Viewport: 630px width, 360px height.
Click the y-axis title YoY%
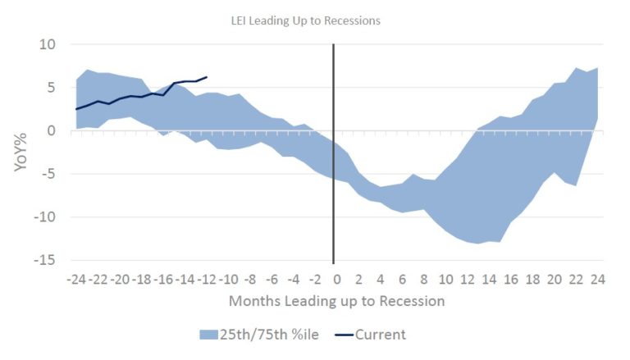click(x=22, y=152)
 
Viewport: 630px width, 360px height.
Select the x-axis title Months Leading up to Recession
click(x=337, y=301)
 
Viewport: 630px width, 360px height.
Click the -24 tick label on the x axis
click(x=78, y=279)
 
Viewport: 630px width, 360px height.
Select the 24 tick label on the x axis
click(x=596, y=279)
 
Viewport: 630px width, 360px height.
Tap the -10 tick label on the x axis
click(x=228, y=279)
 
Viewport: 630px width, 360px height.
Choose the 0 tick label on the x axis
click(x=335, y=279)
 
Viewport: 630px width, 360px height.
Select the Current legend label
click(x=381, y=335)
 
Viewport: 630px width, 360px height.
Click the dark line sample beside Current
click(x=340, y=335)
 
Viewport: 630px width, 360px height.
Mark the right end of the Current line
click(x=206, y=77)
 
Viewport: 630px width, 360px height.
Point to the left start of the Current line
click(x=76, y=109)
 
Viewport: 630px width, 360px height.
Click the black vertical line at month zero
click(x=334, y=164)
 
